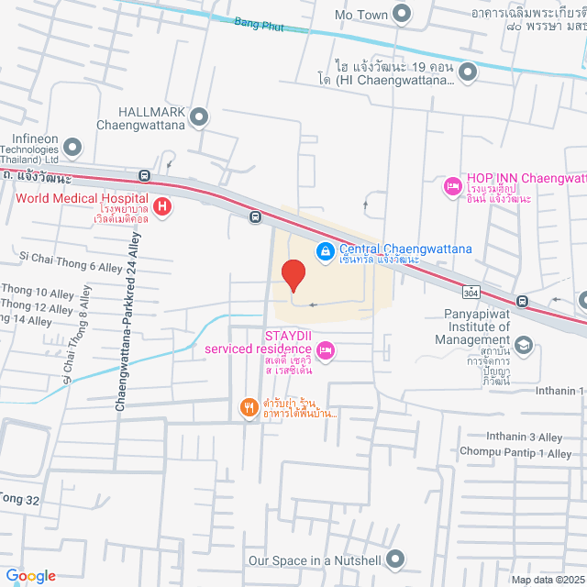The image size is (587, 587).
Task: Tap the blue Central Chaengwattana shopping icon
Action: click(x=325, y=249)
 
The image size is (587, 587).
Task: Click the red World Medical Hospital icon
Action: click(x=162, y=206)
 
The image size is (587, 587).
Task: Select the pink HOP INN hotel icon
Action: click(x=452, y=186)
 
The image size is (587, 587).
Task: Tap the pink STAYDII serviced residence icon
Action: click(x=325, y=349)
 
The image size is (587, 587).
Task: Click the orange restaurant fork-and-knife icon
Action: click(x=248, y=408)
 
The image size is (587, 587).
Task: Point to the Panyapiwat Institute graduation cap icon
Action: click(x=523, y=345)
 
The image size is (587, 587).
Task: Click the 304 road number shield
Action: click(x=471, y=293)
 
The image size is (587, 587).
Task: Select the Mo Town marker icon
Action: click(x=401, y=13)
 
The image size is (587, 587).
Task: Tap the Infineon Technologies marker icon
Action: click(x=73, y=145)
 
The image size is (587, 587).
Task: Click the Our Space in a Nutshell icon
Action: click(x=395, y=558)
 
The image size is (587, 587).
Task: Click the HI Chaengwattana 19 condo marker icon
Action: click(x=468, y=71)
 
